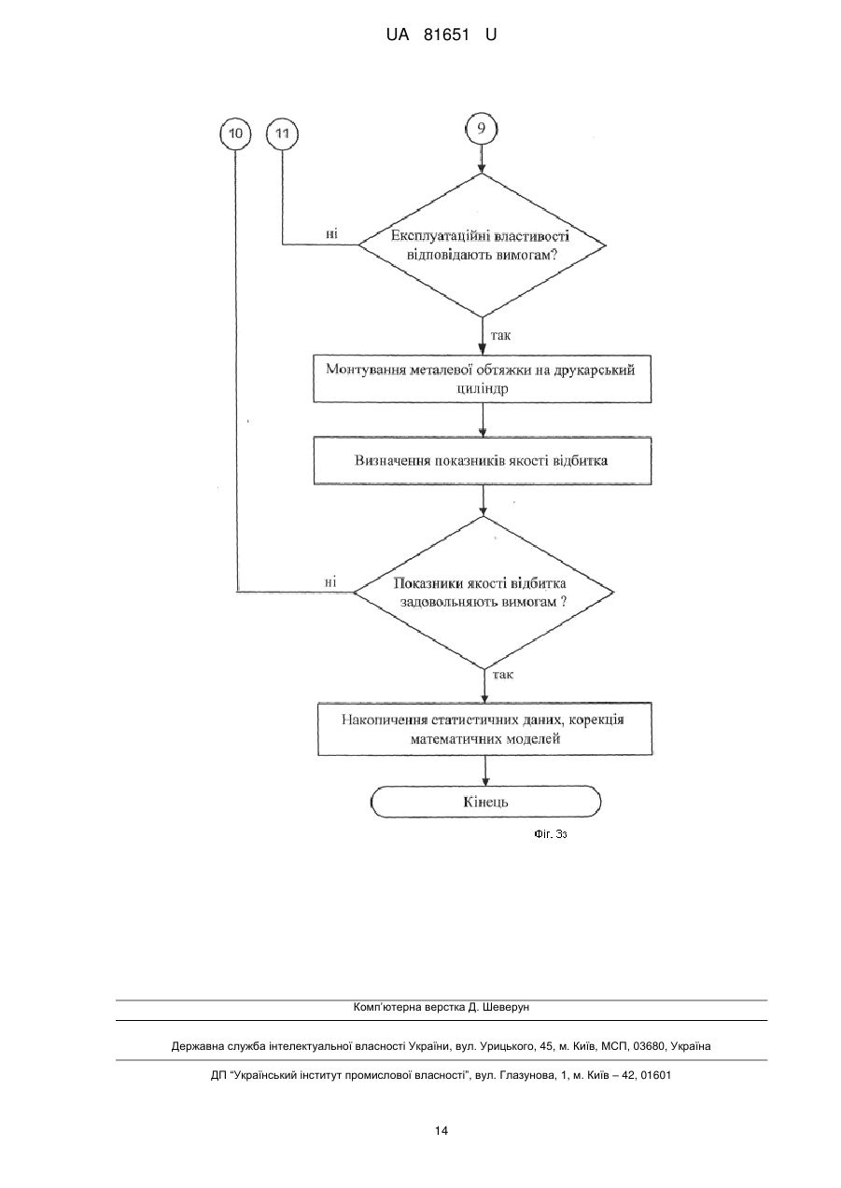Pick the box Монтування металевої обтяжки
[x=482, y=379]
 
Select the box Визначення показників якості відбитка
[x=482, y=460]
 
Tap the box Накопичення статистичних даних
[x=485, y=729]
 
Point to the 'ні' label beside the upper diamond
[x=331, y=234]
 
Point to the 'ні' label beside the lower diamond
[x=330, y=581]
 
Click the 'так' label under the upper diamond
[x=500, y=335]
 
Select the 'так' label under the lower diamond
[x=503, y=675]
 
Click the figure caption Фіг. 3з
[x=551, y=834]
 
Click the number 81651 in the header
[x=446, y=35]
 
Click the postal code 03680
[x=650, y=1046]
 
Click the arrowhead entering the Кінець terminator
[x=485, y=781]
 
